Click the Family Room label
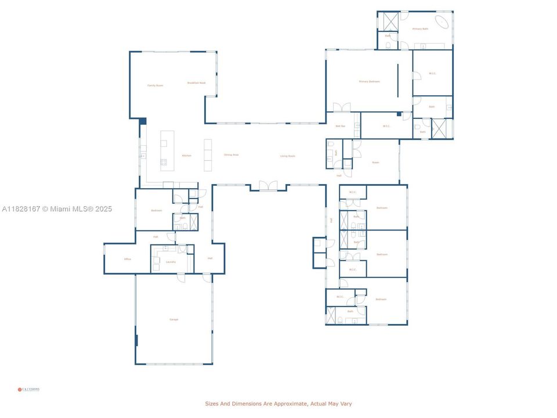[155, 85]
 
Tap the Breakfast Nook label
[196, 83]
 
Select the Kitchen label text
[186, 156]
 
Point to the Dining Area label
[232, 155]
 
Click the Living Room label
[288, 156]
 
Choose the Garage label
[173, 320]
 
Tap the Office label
[127, 260]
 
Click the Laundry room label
[171, 262]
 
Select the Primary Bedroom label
[369, 82]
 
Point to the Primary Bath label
[420, 28]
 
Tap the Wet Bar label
[340, 126]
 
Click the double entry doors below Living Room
[268, 186]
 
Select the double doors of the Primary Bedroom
[342, 107]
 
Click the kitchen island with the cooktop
[167, 151]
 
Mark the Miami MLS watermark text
[57, 209]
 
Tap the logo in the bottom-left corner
[28, 390]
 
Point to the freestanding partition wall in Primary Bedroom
[398, 81]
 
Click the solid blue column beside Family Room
[142, 121]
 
